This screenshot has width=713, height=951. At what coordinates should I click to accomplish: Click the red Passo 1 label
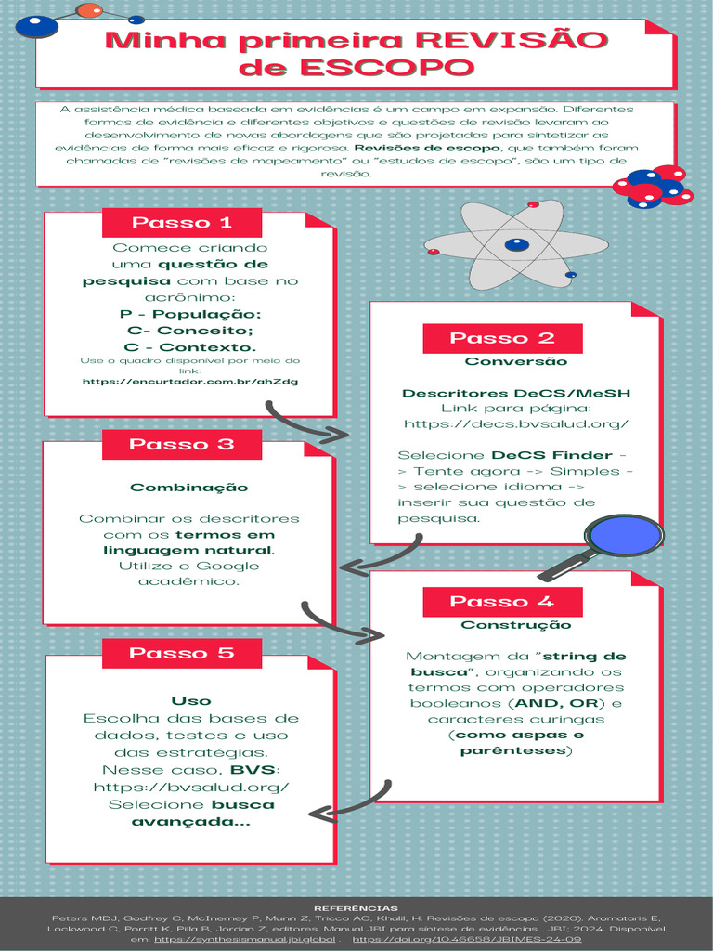(x=182, y=223)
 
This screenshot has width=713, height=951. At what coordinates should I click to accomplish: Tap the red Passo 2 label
(x=502, y=338)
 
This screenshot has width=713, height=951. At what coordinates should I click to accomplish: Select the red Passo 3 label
(x=182, y=444)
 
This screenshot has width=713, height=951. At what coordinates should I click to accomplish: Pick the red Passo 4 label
(x=502, y=602)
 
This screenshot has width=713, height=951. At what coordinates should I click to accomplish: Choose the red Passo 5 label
(x=182, y=653)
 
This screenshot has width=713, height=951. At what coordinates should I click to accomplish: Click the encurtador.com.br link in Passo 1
(x=190, y=381)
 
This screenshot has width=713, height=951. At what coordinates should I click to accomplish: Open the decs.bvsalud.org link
(x=516, y=423)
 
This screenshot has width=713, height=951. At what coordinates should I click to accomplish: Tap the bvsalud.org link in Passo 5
(x=191, y=788)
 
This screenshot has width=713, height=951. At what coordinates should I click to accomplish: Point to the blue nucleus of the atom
(x=516, y=245)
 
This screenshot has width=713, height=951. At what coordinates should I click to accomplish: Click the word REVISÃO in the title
(x=512, y=42)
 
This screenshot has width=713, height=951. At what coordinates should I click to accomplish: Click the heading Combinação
(x=189, y=488)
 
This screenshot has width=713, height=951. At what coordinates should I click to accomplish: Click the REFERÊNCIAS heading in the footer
(x=356, y=907)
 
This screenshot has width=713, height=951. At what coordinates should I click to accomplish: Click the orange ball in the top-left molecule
(x=89, y=10)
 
